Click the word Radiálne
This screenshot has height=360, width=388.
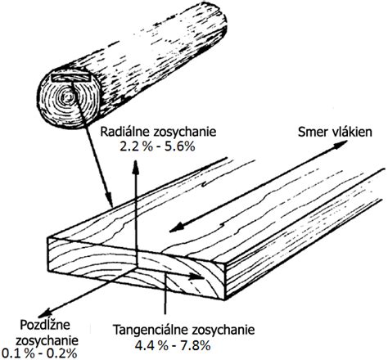[124, 132]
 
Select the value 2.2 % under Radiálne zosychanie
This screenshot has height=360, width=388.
[133, 146]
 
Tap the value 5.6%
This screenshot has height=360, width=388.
[179, 146]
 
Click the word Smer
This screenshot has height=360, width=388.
[309, 132]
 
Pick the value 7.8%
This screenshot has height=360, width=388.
[195, 346]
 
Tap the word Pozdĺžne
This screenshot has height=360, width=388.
[45, 326]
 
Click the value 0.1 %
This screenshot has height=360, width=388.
[19, 353]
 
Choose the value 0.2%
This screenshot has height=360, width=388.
[61, 353]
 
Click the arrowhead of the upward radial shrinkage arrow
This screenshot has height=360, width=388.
[135, 167]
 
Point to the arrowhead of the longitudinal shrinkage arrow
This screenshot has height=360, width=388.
[47, 313]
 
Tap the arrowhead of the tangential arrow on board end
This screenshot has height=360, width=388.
[197, 277]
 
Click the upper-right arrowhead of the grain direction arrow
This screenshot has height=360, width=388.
[341, 144]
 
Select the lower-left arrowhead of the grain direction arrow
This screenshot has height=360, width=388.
[176, 229]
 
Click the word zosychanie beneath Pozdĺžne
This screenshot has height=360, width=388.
[47, 341]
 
